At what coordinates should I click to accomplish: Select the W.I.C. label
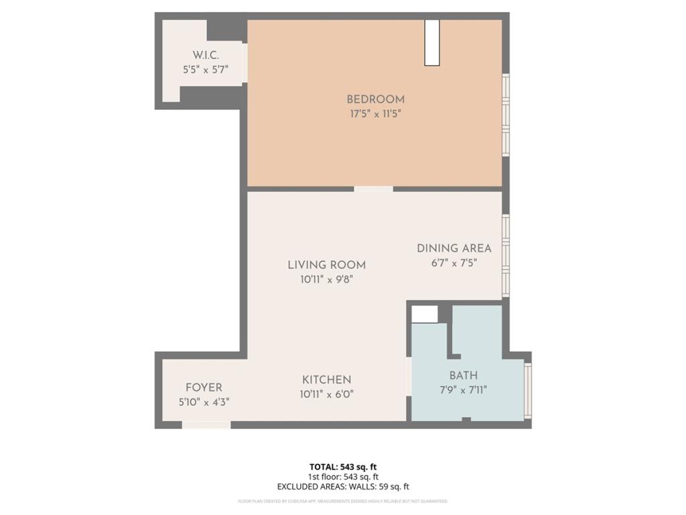click(206, 55)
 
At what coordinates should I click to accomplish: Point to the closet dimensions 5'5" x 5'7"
click(206, 68)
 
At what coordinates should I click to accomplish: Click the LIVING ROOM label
click(327, 265)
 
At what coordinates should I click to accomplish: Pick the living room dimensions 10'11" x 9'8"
click(327, 280)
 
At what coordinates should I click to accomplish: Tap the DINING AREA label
click(454, 248)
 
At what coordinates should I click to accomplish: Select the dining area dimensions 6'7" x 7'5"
click(454, 263)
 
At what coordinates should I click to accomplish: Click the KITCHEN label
click(327, 380)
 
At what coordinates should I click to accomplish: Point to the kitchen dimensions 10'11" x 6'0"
click(327, 394)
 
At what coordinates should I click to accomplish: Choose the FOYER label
click(204, 388)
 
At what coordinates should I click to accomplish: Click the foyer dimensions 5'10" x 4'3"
click(204, 402)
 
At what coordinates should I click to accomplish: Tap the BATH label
click(464, 376)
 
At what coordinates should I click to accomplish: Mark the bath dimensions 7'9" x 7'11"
click(464, 390)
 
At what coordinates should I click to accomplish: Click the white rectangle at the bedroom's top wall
click(432, 43)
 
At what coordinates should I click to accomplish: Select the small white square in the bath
click(424, 314)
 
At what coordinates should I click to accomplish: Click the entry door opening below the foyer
click(206, 424)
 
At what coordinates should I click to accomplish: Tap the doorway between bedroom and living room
click(373, 189)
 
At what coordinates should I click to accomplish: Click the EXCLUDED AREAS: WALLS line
click(343, 486)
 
